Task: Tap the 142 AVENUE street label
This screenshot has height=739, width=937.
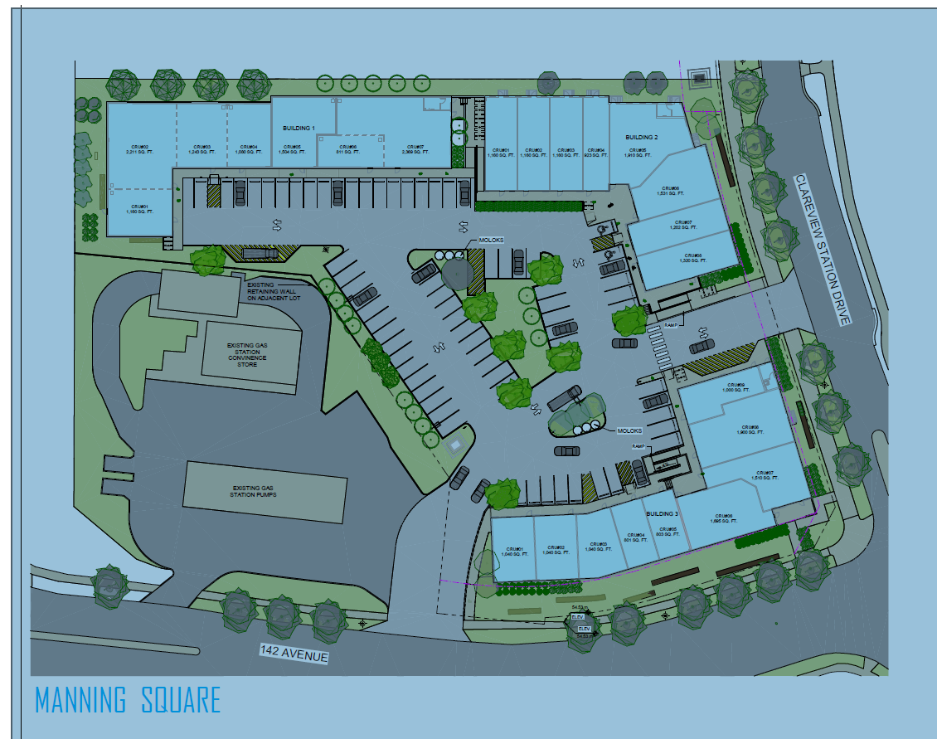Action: (x=294, y=654)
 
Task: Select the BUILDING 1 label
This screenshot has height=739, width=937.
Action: (x=299, y=128)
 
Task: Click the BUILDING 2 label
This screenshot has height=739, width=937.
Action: (x=641, y=137)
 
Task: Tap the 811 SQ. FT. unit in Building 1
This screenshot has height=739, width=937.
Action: (x=347, y=152)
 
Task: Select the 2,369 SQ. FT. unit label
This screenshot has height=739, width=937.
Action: (x=412, y=152)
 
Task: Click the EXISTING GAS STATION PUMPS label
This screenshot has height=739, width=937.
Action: (x=264, y=492)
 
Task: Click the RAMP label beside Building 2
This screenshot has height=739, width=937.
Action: (x=671, y=326)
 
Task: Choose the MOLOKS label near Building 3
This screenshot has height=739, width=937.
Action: (x=629, y=431)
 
